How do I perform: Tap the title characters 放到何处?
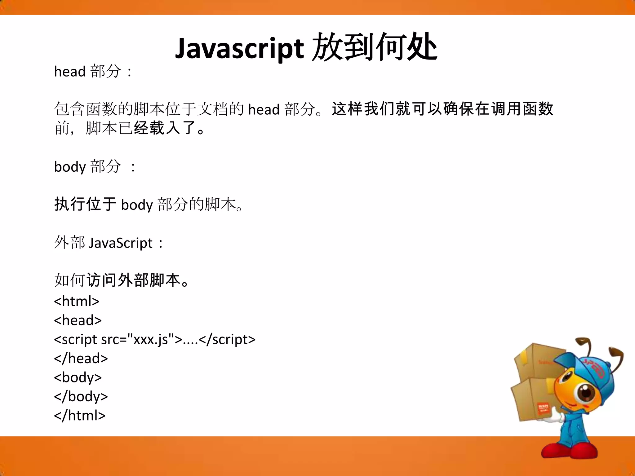pos(375,47)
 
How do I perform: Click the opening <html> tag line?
pos(77,301)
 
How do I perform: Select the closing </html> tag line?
pos(80,416)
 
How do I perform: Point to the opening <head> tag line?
pos(78,320)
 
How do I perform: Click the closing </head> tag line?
pos(81,359)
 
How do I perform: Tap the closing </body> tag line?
pos(81,397)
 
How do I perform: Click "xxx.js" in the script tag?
pos(151,340)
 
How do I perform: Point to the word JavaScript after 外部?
pos(121,243)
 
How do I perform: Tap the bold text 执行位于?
pos(85,205)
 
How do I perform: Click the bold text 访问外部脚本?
pos(133,280)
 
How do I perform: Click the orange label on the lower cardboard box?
pos(543,408)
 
